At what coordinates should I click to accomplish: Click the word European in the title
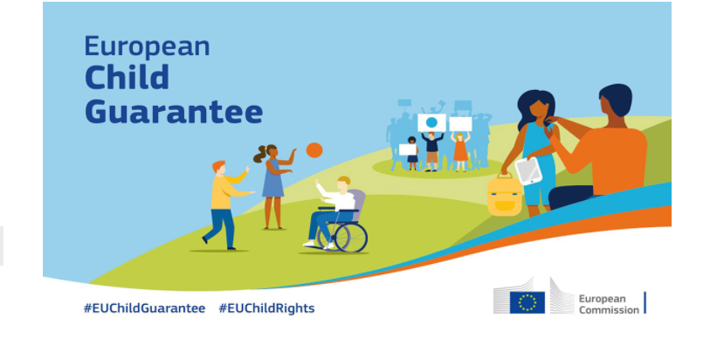(x=147, y=46)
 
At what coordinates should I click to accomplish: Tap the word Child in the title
(x=127, y=77)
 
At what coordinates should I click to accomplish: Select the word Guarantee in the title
(x=174, y=111)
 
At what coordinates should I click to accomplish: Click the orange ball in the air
(x=314, y=150)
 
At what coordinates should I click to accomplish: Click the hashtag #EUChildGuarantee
(x=144, y=308)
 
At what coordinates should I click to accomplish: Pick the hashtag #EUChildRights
(x=266, y=308)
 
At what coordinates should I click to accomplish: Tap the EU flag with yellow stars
(x=527, y=302)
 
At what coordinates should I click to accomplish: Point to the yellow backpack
(x=505, y=196)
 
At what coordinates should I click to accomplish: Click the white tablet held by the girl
(x=528, y=171)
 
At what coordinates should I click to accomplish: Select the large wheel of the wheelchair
(x=351, y=237)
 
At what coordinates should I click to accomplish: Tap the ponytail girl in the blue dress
(x=273, y=185)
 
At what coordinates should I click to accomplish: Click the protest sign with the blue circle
(x=431, y=122)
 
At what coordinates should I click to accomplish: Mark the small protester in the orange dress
(x=460, y=152)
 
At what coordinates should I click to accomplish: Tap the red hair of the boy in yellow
(x=218, y=166)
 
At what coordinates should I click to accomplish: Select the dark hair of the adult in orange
(x=616, y=99)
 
